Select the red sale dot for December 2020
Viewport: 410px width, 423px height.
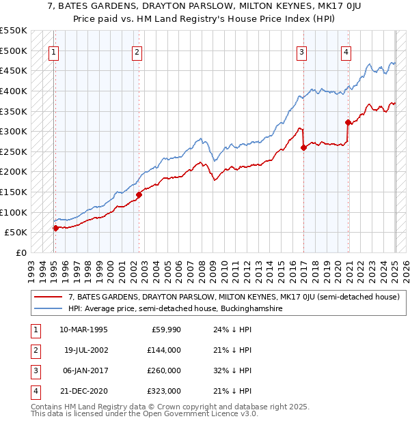(x=348, y=122)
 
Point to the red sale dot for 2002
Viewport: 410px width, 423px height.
(x=139, y=194)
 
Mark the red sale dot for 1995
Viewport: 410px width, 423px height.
(x=55, y=228)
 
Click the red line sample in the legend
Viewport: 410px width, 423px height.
(x=49, y=297)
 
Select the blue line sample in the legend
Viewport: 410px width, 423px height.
(x=49, y=308)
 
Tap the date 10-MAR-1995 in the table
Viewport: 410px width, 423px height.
(x=83, y=330)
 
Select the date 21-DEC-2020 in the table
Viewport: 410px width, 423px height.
(x=83, y=391)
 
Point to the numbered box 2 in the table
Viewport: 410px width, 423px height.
(x=34, y=350)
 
